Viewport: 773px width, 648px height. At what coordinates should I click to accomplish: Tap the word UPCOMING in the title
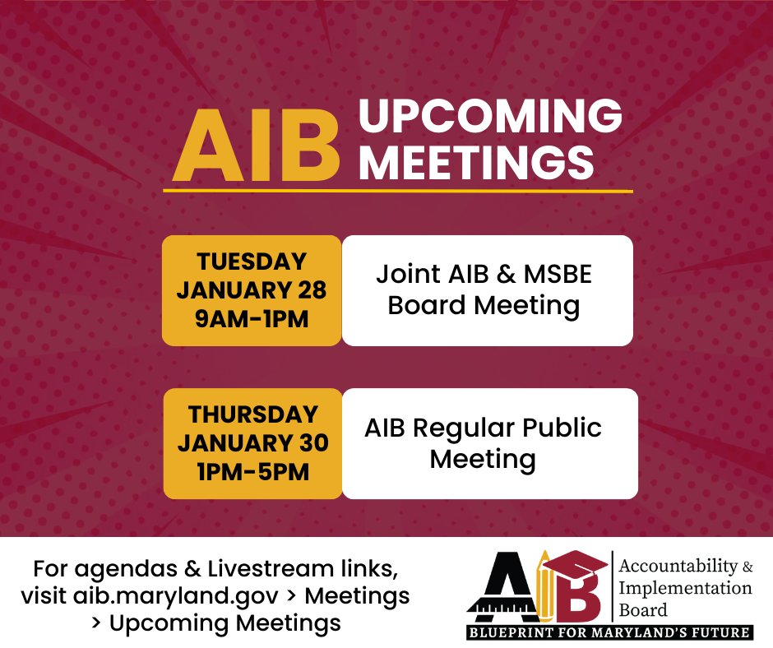(490, 118)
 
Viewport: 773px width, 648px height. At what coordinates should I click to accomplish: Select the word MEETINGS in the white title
(477, 162)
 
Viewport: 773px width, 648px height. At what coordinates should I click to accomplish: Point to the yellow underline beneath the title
(398, 191)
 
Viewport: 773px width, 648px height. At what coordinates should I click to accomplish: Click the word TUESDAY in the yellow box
(252, 262)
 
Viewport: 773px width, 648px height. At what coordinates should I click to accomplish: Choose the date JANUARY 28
(252, 290)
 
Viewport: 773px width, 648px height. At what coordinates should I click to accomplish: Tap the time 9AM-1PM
(252, 318)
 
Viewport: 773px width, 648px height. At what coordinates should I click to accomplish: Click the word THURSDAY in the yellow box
(252, 414)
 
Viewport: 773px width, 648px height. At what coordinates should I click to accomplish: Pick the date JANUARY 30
(252, 442)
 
